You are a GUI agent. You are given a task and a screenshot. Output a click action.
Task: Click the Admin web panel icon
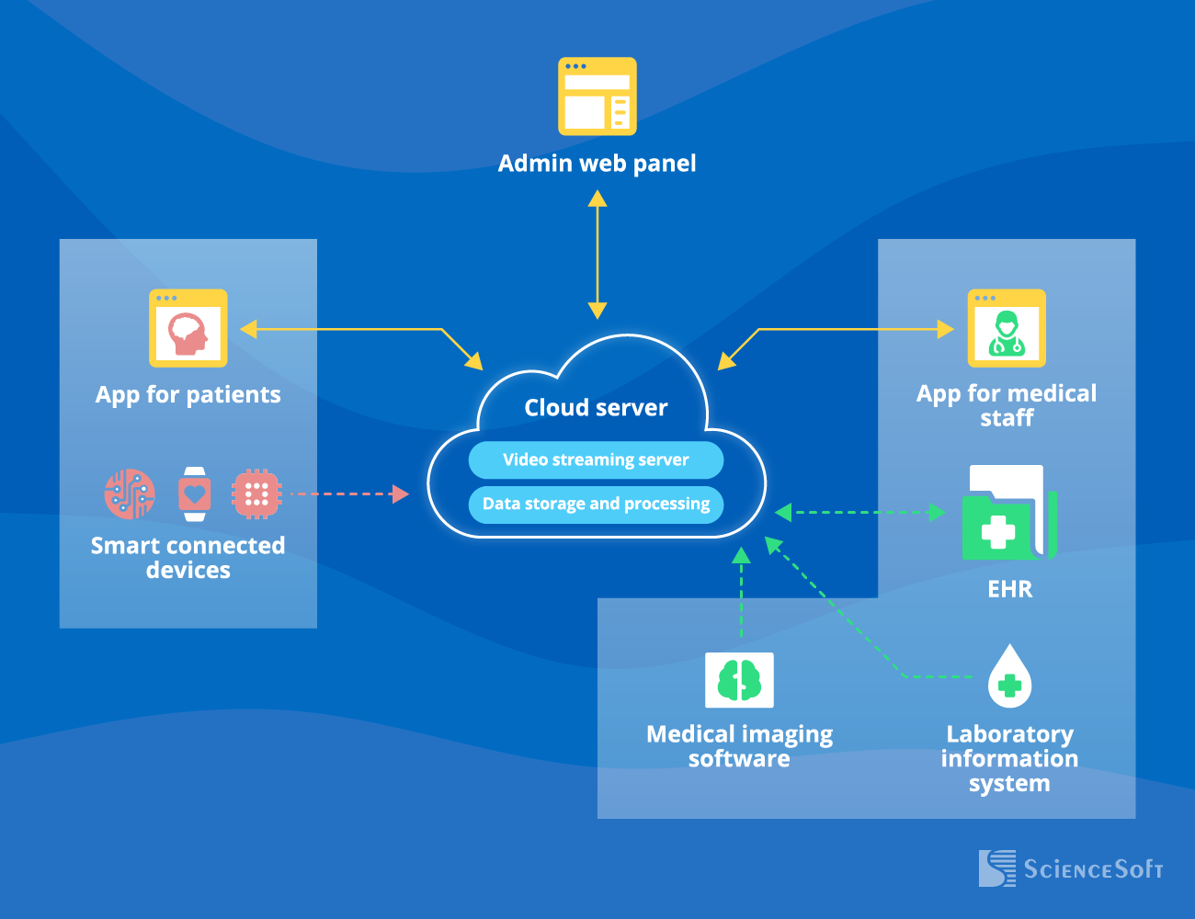pos(597,96)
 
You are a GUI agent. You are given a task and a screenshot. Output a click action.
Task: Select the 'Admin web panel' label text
pos(597,164)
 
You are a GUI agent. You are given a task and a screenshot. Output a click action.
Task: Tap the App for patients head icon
pos(188,329)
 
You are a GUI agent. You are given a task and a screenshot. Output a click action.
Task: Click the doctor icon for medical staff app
pos(1007,329)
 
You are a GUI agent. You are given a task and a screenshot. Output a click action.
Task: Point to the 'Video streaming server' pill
pos(596,459)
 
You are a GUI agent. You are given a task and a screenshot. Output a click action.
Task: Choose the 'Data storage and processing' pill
pos(596,504)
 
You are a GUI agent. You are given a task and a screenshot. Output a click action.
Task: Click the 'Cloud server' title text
pos(596,407)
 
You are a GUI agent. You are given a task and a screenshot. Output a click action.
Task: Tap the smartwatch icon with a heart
pos(194,494)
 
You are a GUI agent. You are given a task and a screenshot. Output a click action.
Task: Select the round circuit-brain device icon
pos(130,494)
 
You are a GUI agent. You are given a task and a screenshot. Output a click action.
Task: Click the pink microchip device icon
pos(256,494)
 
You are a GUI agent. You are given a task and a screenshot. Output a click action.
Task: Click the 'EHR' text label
pos(1009,589)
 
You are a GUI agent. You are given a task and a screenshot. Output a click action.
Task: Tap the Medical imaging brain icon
pos(739,680)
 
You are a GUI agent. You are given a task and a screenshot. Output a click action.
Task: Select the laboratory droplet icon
pos(1009,677)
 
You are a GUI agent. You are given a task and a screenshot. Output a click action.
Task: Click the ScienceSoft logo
pos(1071,868)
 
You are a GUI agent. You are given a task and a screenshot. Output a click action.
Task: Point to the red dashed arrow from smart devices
pos(349,494)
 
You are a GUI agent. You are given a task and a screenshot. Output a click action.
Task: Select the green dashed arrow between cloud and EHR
pos(859,512)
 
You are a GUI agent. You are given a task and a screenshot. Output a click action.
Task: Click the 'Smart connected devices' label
pos(188,558)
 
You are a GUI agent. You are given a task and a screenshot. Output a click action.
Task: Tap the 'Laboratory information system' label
pos(1009,758)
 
